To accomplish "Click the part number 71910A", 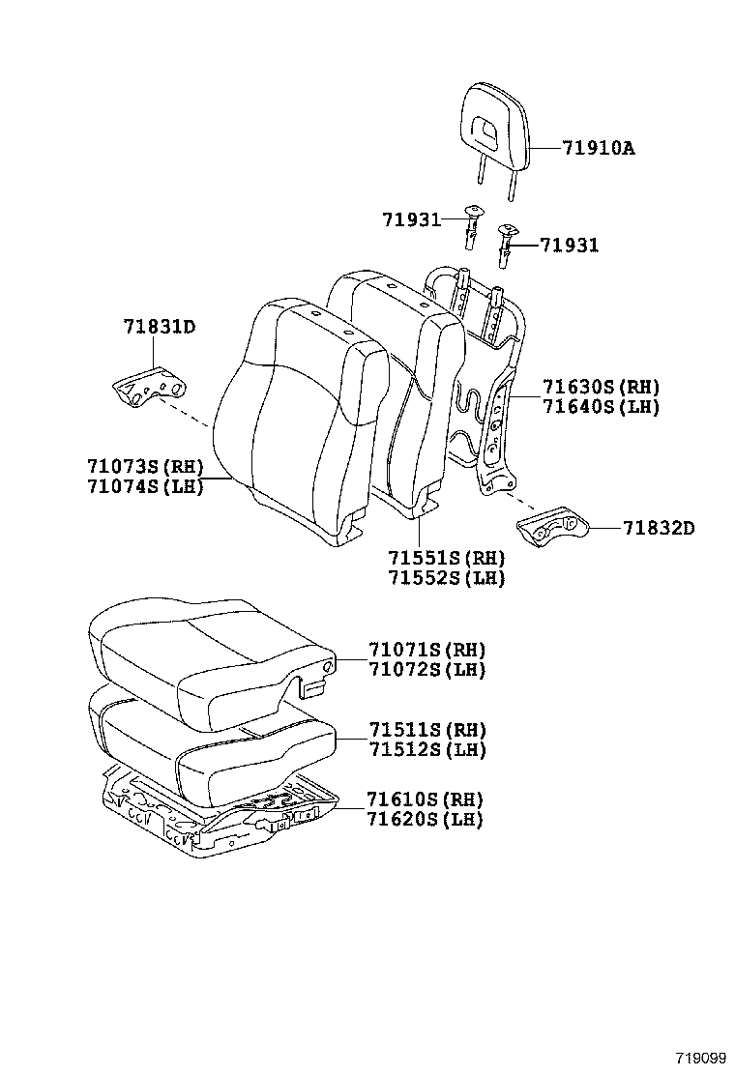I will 601,148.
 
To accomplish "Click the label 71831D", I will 159,327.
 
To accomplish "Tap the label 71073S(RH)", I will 144,466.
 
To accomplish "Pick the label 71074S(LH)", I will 144,485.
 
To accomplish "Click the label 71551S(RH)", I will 447,559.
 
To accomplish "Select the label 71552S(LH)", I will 447,578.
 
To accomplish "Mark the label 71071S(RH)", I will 426,650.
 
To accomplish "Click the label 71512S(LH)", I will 426,749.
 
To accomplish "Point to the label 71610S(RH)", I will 425,799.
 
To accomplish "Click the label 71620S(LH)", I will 425,819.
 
